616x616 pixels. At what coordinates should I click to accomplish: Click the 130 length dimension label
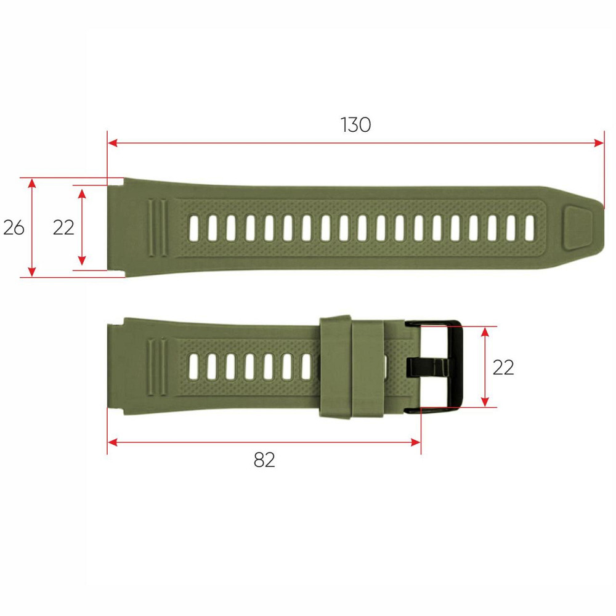[355, 125]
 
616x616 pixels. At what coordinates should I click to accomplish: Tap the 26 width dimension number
[14, 227]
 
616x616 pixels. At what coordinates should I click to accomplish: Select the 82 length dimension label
[264, 460]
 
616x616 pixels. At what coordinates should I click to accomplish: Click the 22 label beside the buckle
[503, 367]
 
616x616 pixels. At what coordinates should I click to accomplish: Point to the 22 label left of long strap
[63, 227]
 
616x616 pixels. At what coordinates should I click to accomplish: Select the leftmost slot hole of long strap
[195, 228]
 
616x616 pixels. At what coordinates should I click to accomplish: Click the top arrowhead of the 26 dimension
[33, 184]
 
